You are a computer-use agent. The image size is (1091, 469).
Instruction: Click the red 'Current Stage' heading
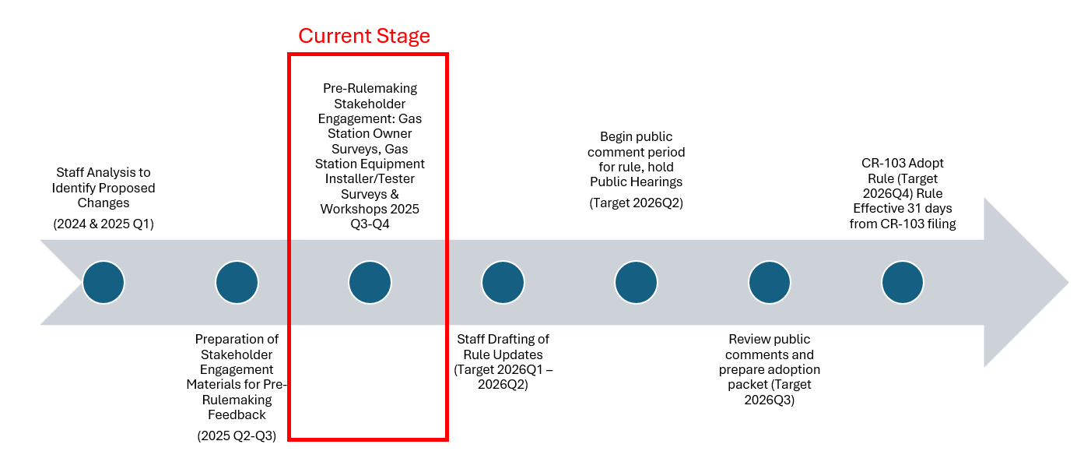tap(363, 36)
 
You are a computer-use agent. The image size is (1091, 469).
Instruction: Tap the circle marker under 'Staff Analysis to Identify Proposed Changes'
tap(103, 282)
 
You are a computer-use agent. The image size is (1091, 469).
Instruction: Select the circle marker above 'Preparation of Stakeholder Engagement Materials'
tap(237, 282)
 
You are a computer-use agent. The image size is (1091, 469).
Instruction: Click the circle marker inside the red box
tap(370, 282)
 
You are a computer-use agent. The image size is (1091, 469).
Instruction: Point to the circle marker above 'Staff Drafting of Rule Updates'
tap(503, 282)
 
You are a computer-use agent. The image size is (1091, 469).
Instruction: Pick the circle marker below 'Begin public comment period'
tap(636, 282)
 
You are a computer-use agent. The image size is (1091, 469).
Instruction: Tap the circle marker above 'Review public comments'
tap(769, 282)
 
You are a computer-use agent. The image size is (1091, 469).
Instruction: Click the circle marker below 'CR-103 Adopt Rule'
tap(902, 282)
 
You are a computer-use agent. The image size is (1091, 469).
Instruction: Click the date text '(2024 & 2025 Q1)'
tap(103, 224)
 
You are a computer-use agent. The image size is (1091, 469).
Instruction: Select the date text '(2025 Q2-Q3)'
tap(237, 436)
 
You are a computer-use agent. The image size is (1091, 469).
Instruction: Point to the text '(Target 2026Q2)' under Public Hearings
tap(636, 203)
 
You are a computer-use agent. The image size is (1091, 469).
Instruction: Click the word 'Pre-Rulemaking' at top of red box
tap(370, 88)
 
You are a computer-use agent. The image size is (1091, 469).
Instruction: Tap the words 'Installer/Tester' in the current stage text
tap(370, 179)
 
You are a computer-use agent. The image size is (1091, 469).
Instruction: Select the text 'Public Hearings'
tap(636, 182)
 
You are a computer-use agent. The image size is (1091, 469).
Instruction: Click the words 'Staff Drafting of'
tap(503, 339)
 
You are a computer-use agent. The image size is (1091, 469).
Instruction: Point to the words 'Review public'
tap(769, 339)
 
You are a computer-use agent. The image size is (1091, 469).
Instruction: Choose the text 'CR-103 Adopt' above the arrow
tap(902, 164)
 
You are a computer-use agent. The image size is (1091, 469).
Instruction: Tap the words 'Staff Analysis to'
tap(103, 172)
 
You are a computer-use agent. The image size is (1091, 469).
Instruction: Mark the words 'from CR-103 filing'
tap(902, 224)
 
